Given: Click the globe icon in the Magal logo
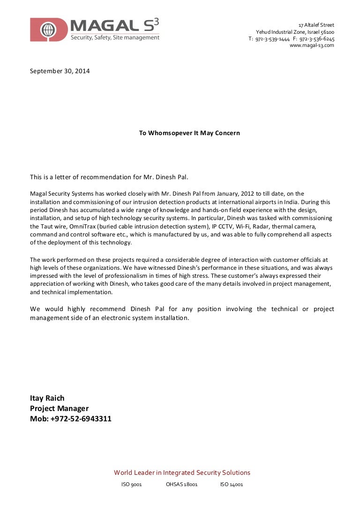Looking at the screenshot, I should (x=46, y=30).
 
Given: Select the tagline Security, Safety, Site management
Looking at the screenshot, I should (x=115, y=38).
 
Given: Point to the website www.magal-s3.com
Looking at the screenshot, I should (x=312, y=46).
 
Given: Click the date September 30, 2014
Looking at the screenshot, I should (x=60, y=71).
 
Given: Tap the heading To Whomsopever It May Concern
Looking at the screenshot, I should (x=189, y=133).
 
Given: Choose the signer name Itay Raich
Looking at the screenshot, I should (x=47, y=398).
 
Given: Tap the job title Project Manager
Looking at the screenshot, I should (x=59, y=408).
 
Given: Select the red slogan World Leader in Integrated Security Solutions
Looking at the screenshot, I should (x=182, y=472).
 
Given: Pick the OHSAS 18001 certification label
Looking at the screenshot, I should (x=181, y=485).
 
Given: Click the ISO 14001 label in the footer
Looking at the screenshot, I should (x=232, y=485).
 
